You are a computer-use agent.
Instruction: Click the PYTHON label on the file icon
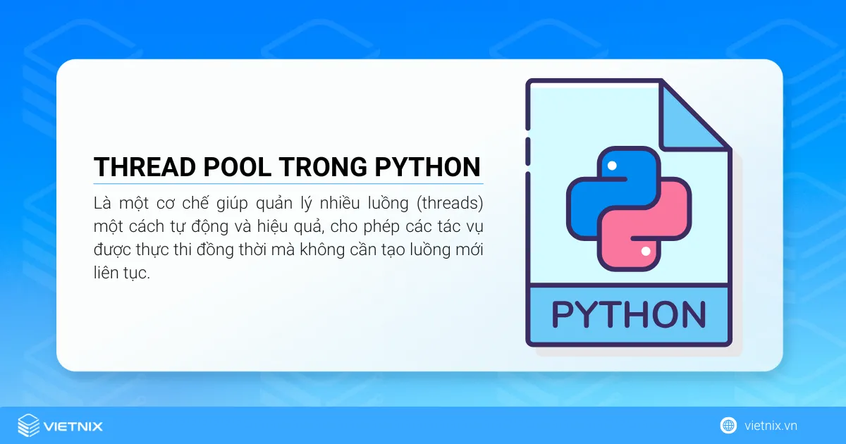[x=628, y=314]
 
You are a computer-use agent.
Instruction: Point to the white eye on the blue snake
[x=612, y=166]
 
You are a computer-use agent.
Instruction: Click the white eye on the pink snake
[x=645, y=251]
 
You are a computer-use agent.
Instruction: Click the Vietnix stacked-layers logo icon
[x=28, y=426]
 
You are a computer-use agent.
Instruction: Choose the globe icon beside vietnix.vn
[x=728, y=425]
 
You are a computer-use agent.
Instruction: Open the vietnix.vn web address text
[x=771, y=426]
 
